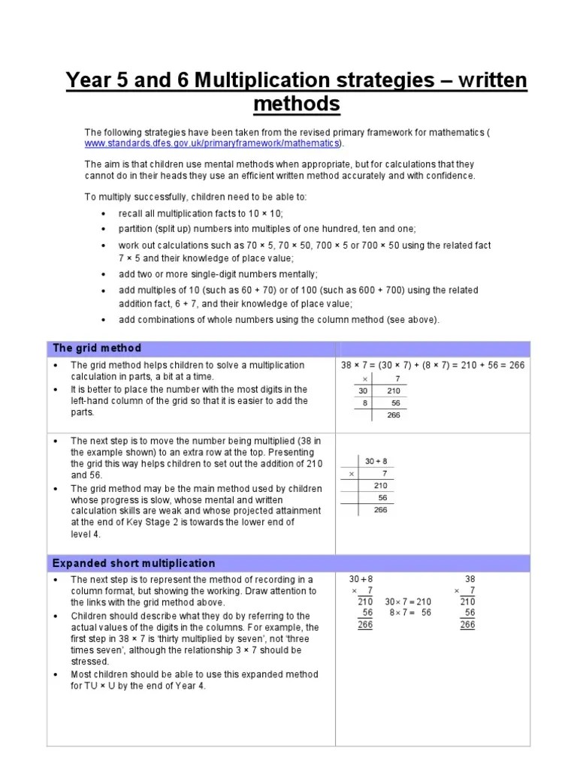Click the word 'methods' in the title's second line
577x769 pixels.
297,104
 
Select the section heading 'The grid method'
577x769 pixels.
97,348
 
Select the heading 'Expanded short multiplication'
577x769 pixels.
134,563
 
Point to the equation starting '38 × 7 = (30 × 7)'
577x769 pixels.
433,365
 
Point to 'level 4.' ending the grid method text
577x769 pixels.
85,534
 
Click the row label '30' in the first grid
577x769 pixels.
363,391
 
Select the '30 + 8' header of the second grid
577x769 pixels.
376,461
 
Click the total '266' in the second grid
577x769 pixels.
381,509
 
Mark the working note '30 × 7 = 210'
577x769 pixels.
408,602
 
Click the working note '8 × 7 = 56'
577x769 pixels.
410,612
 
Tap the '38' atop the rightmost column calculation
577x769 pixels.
470,580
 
